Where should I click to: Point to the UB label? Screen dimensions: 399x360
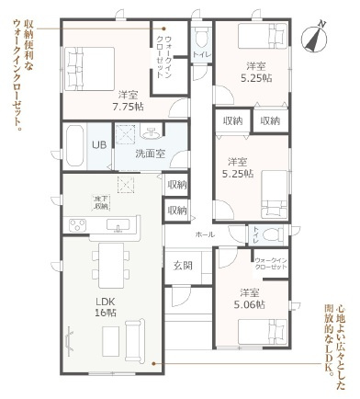99,143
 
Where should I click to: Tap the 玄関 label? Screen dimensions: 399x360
182,267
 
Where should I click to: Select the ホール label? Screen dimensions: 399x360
205,234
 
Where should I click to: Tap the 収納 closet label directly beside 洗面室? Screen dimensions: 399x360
177,184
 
